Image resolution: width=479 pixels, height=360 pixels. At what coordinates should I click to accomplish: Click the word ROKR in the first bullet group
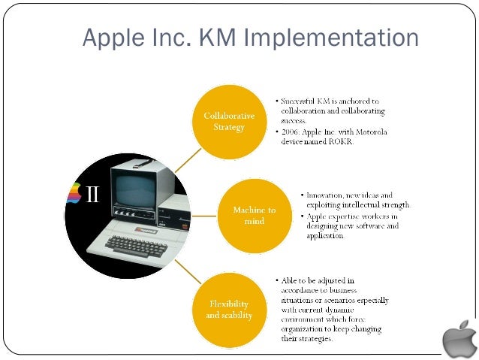(347, 145)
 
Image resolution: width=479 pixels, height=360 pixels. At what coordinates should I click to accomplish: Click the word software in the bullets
(372, 226)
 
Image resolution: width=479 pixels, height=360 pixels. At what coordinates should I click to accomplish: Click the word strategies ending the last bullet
(314, 339)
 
